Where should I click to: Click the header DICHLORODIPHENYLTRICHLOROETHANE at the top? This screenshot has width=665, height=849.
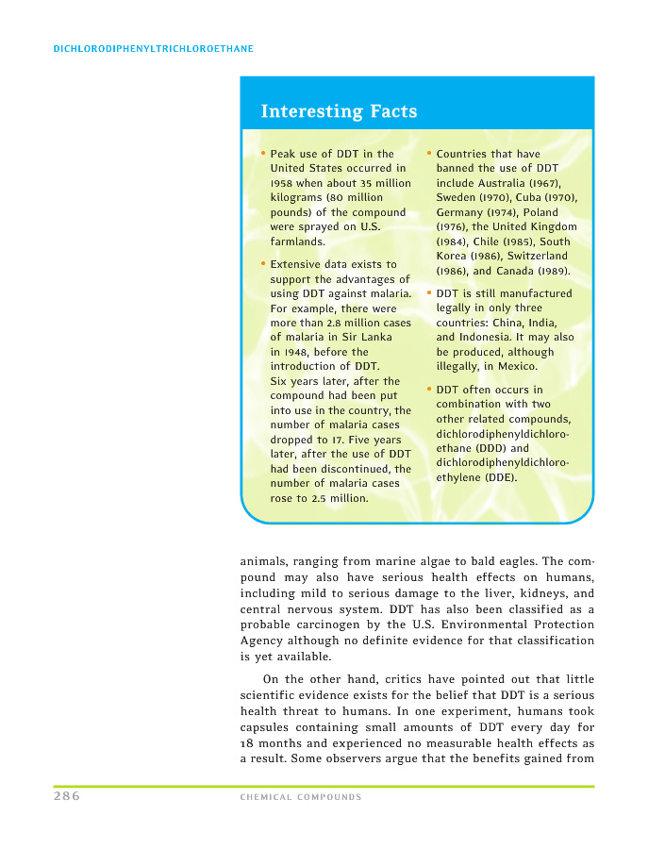point(154,48)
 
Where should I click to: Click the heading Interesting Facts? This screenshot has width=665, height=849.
point(339,111)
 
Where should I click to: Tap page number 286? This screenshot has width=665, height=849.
point(66,796)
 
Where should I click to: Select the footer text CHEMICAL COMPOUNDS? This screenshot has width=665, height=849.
point(301,797)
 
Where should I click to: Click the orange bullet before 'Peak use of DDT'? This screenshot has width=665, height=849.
point(263,153)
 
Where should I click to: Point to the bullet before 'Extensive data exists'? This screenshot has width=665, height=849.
point(263,263)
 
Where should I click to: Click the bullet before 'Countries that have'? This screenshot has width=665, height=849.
point(429,153)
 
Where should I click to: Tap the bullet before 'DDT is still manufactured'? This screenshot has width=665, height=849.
point(429,292)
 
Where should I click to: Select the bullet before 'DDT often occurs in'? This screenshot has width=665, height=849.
point(429,389)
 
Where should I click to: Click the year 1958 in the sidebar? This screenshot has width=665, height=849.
point(284,183)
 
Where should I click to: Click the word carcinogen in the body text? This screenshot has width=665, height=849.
point(326,625)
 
